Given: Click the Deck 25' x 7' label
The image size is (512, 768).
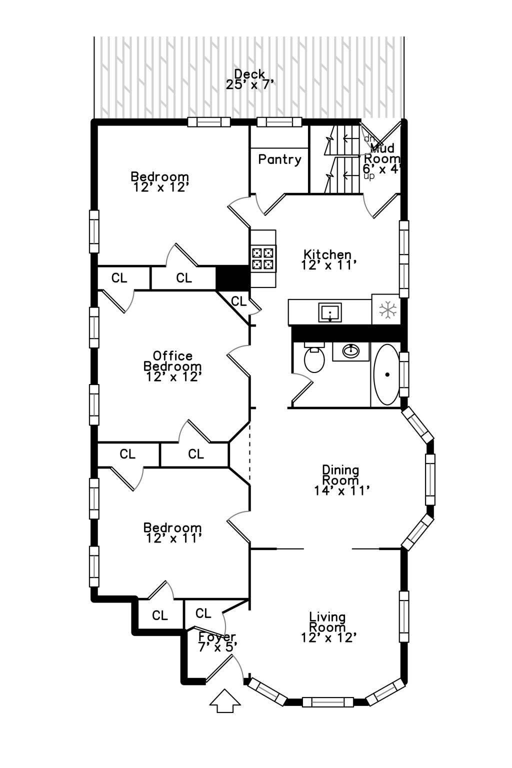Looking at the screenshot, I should (x=249, y=80).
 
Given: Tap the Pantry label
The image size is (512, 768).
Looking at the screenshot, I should (x=279, y=159).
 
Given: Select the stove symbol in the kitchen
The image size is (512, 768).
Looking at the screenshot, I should (x=263, y=258).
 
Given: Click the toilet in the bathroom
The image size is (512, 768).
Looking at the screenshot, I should (x=314, y=359).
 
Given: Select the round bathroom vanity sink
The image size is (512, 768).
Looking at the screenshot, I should (x=351, y=351).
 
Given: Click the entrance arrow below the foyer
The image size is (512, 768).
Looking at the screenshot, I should (x=225, y=701).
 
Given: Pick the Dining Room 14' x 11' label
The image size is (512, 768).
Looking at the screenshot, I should (x=341, y=480).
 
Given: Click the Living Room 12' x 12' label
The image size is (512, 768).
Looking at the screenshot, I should (x=328, y=627).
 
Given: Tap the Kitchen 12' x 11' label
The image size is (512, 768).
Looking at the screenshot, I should (x=328, y=260).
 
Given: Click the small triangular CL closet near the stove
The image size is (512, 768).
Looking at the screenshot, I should (x=238, y=301).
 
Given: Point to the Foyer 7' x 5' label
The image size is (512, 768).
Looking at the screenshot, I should (x=217, y=641).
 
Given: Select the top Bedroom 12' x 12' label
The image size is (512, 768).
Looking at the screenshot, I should (x=160, y=182).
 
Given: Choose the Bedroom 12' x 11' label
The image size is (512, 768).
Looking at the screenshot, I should (x=173, y=533).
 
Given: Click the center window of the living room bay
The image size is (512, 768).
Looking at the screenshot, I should (x=327, y=702).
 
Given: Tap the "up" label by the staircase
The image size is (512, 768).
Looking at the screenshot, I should (x=369, y=176).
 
